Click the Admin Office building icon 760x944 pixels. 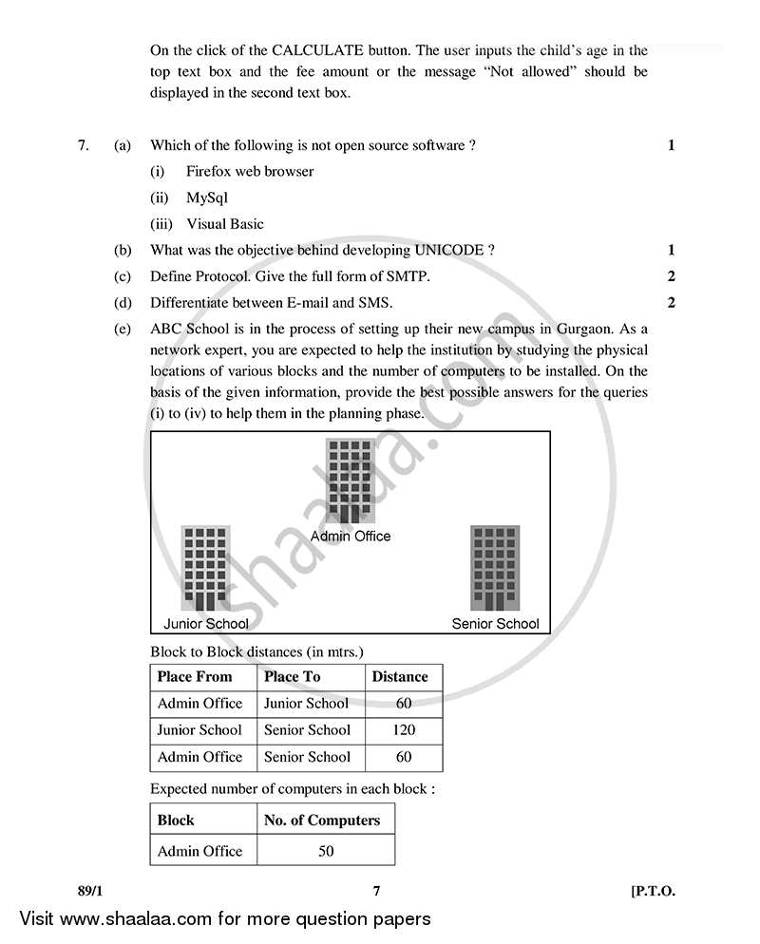tap(350, 481)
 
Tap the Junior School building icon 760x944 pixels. tap(205, 568)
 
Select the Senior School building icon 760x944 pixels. tap(495, 568)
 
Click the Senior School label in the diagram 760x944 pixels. tap(495, 624)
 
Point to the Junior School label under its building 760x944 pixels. tap(206, 624)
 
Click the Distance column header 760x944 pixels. tap(400, 677)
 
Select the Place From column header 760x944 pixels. tap(195, 677)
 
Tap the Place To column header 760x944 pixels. tap(293, 677)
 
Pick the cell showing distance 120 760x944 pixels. tap(403, 730)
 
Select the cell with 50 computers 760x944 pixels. tap(326, 851)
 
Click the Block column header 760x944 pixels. tap(176, 821)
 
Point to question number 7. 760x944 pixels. tap(84, 145)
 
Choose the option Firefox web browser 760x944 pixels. tap(250, 172)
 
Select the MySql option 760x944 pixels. tap(207, 198)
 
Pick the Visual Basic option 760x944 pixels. tap(225, 225)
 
